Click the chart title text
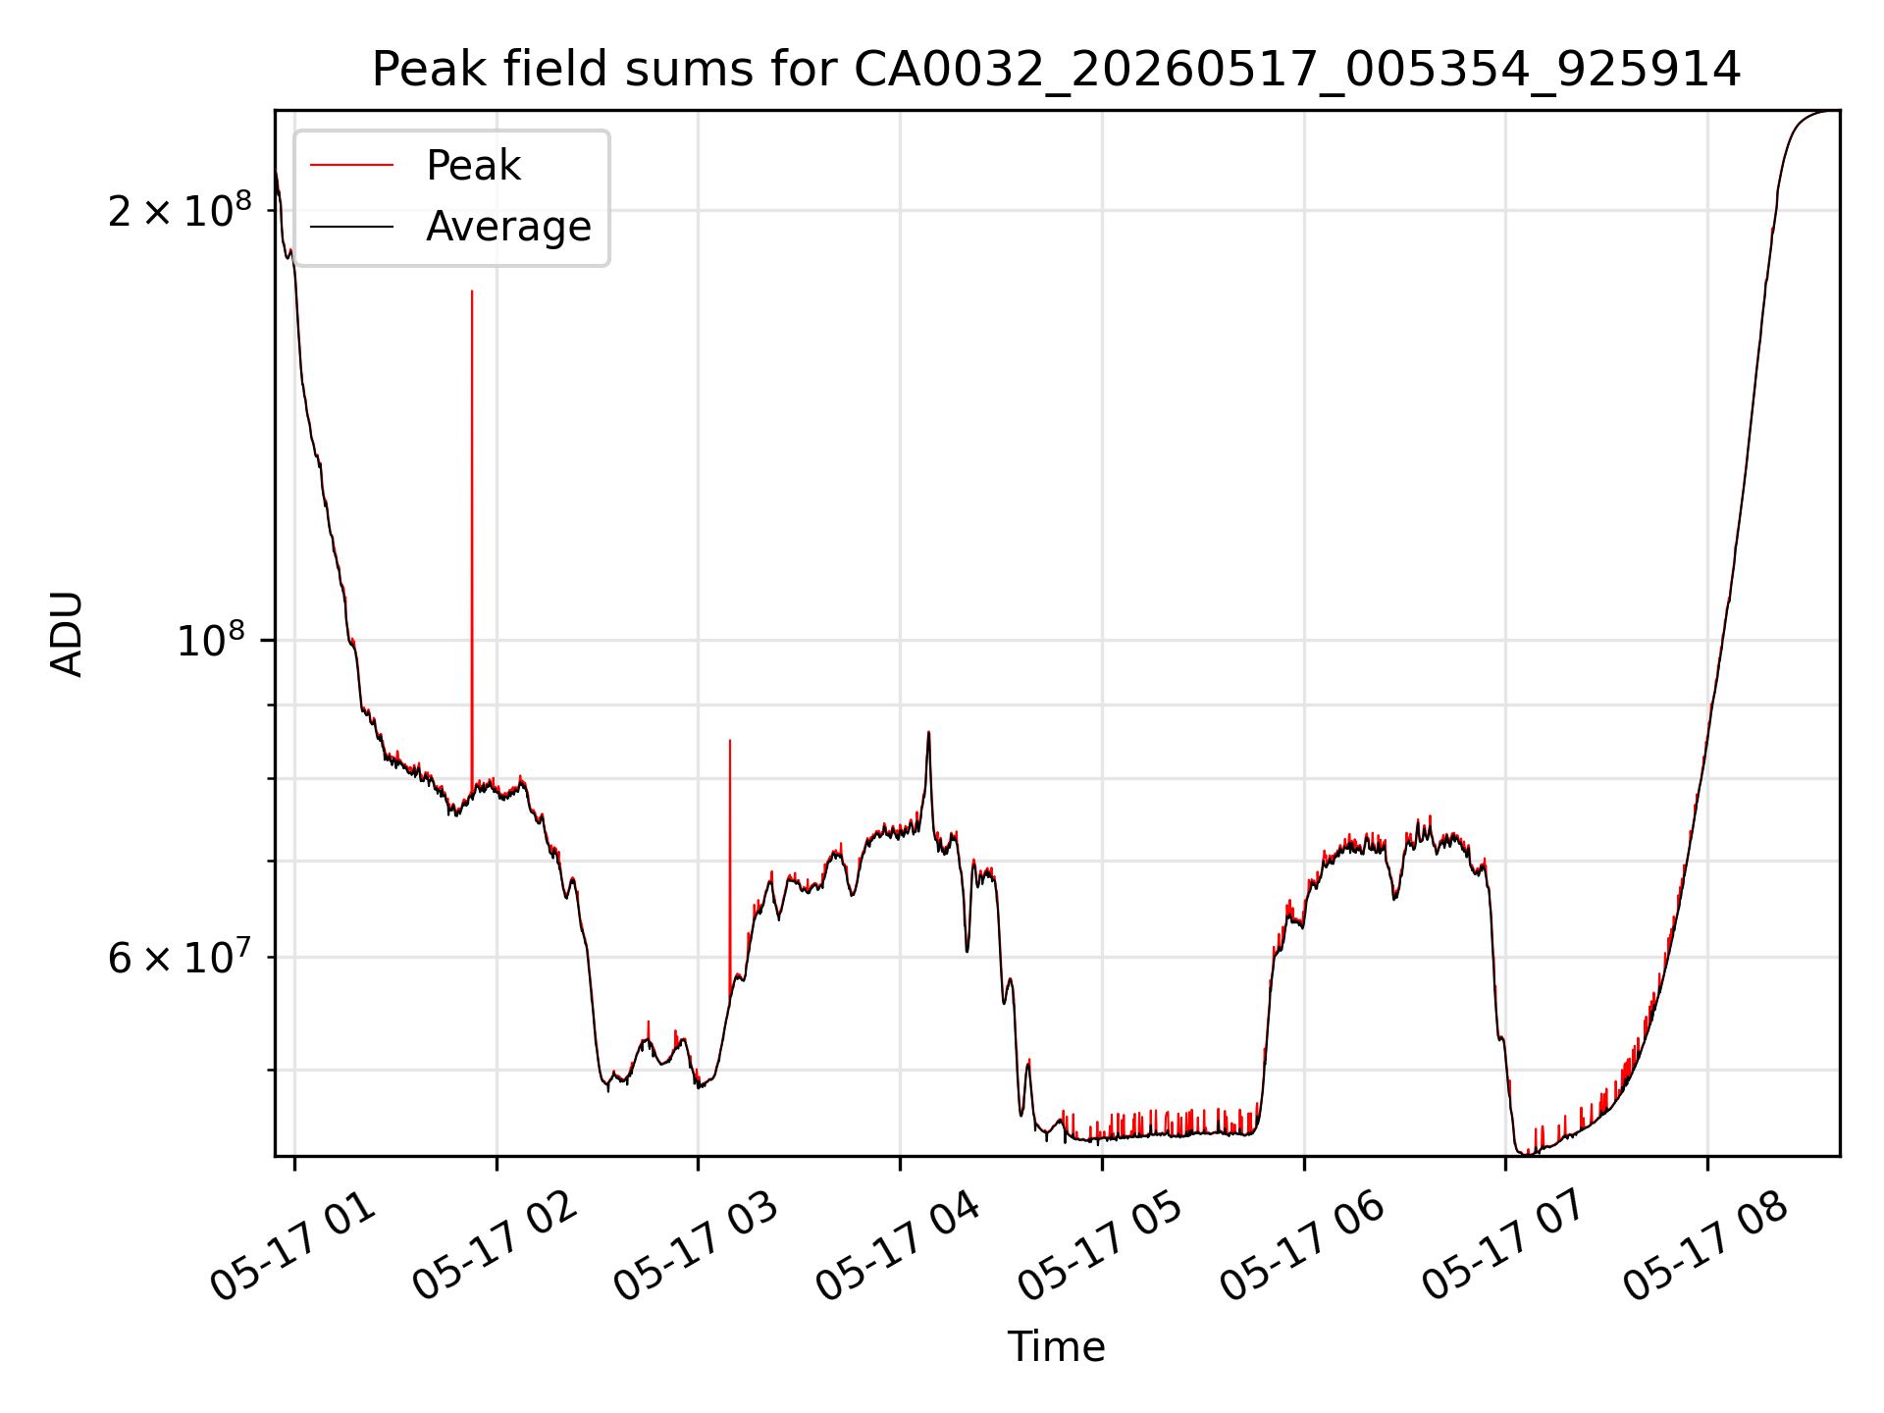[x=1056, y=70]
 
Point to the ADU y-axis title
[x=67, y=633]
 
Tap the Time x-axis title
[x=1056, y=1347]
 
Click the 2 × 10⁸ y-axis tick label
[x=180, y=210]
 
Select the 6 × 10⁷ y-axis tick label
[x=180, y=957]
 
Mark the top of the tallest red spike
[x=472, y=290]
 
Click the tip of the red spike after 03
[x=730, y=740]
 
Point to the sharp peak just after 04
[x=928, y=732]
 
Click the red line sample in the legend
[x=352, y=166]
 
